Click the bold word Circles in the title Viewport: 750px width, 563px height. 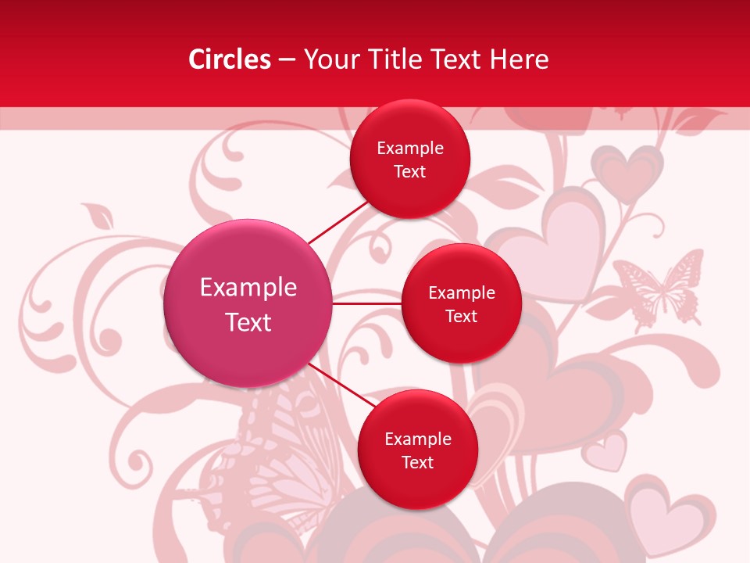pos(230,59)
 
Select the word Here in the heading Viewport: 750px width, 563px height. pos(520,59)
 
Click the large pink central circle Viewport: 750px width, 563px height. pos(248,303)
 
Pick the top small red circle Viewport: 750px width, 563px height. pos(410,159)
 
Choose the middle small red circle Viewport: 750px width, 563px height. pos(461,303)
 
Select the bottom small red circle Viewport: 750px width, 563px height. pos(417,450)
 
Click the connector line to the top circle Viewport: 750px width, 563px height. pos(337,222)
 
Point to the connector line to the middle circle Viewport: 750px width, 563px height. pos(367,303)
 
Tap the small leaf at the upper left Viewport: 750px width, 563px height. pos(98,215)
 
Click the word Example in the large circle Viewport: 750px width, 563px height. pos(248,288)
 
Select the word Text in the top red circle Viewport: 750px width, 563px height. pos(410,172)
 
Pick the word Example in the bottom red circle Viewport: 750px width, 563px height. pos(417,439)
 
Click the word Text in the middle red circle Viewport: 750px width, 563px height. pos(461,316)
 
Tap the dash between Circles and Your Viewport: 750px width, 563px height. pos(287,59)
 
